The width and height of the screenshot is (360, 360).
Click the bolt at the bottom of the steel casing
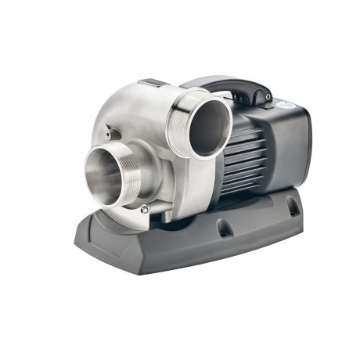[x=144, y=208]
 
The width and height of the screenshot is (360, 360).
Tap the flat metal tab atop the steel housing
[x=153, y=82]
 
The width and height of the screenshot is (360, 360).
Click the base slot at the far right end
[x=292, y=207]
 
